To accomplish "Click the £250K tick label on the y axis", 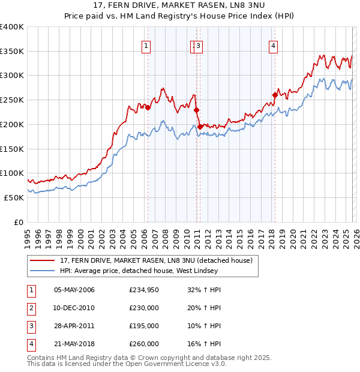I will [12, 100].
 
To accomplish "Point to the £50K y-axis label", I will [14, 197].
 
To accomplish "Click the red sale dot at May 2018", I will [275, 95].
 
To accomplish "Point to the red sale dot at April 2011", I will [200, 127].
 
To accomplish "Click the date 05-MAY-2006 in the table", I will [74, 290].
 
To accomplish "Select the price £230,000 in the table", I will [144, 308].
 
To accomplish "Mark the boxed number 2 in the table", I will [31, 308].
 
